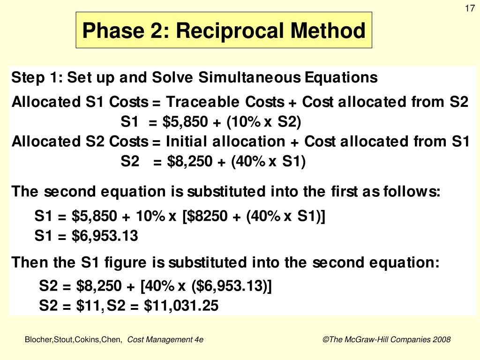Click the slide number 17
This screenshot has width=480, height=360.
[x=469, y=9]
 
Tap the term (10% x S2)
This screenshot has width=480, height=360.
[x=263, y=122]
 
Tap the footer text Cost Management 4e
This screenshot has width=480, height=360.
[x=165, y=340]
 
